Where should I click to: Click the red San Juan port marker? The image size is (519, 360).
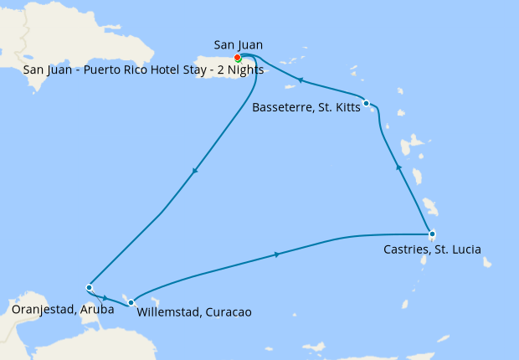pyautogui.click(x=238, y=58)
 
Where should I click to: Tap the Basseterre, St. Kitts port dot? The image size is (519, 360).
pyautogui.click(x=367, y=103)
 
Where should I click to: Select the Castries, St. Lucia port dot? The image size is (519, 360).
pyautogui.click(x=431, y=234)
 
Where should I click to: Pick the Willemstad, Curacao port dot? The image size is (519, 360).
pyautogui.click(x=131, y=301)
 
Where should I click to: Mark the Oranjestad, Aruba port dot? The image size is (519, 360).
pyautogui.click(x=89, y=287)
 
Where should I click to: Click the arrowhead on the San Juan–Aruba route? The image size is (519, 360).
pyautogui.click(x=195, y=171)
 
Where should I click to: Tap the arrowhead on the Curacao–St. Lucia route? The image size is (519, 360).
pyautogui.click(x=277, y=254)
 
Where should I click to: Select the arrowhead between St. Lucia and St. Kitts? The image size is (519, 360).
pyautogui.click(x=398, y=167)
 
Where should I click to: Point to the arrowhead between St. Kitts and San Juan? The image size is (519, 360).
pyautogui.click(x=299, y=80)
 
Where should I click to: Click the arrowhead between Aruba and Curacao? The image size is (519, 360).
pyautogui.click(x=105, y=296)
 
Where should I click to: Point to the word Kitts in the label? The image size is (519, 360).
pyautogui.click(x=343, y=107)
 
